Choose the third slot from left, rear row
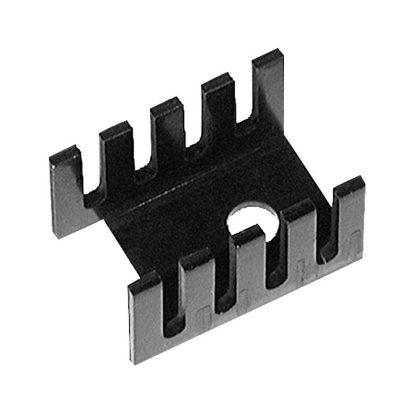[192, 131]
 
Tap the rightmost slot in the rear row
[243, 113]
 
